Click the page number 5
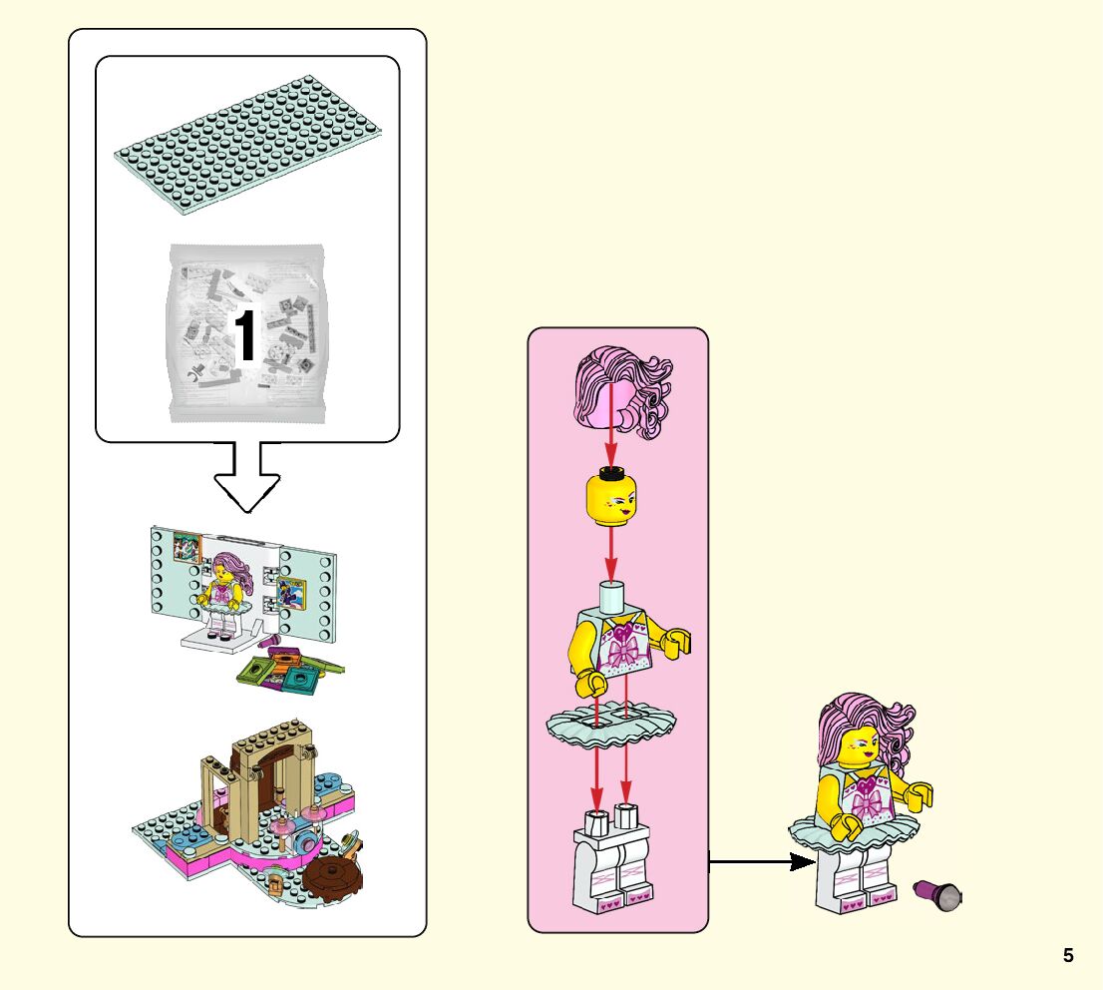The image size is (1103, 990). coord(1068,955)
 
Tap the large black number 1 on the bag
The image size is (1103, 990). coord(244,336)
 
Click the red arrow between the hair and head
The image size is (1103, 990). coord(610,444)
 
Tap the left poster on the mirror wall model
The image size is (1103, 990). coord(186,549)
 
